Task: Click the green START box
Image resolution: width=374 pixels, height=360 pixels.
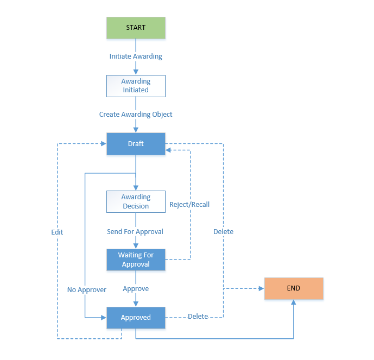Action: pos(136,28)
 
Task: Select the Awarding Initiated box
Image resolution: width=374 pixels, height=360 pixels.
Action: pos(136,86)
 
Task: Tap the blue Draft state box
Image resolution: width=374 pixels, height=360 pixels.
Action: pos(136,144)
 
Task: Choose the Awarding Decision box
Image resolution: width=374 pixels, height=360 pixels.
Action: pos(136,201)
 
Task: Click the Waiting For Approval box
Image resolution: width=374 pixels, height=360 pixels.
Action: pos(136,260)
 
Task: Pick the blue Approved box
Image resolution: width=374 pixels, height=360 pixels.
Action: pos(136,318)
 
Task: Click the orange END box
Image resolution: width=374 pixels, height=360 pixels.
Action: pos(294,288)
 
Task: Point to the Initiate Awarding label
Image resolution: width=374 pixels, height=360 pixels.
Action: pos(136,56)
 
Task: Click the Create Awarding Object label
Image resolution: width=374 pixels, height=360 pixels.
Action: pos(136,115)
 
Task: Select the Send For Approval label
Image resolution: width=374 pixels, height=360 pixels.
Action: pos(135,231)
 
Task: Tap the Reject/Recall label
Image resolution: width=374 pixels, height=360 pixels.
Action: pos(189,205)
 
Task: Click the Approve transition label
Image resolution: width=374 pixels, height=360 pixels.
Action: pos(136,289)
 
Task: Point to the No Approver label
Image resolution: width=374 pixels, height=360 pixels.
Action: pos(87,289)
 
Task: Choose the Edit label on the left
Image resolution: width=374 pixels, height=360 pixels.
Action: pos(57,232)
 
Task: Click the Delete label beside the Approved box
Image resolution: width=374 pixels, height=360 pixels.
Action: pos(198,317)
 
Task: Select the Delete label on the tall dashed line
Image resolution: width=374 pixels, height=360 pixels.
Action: pos(223,231)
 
